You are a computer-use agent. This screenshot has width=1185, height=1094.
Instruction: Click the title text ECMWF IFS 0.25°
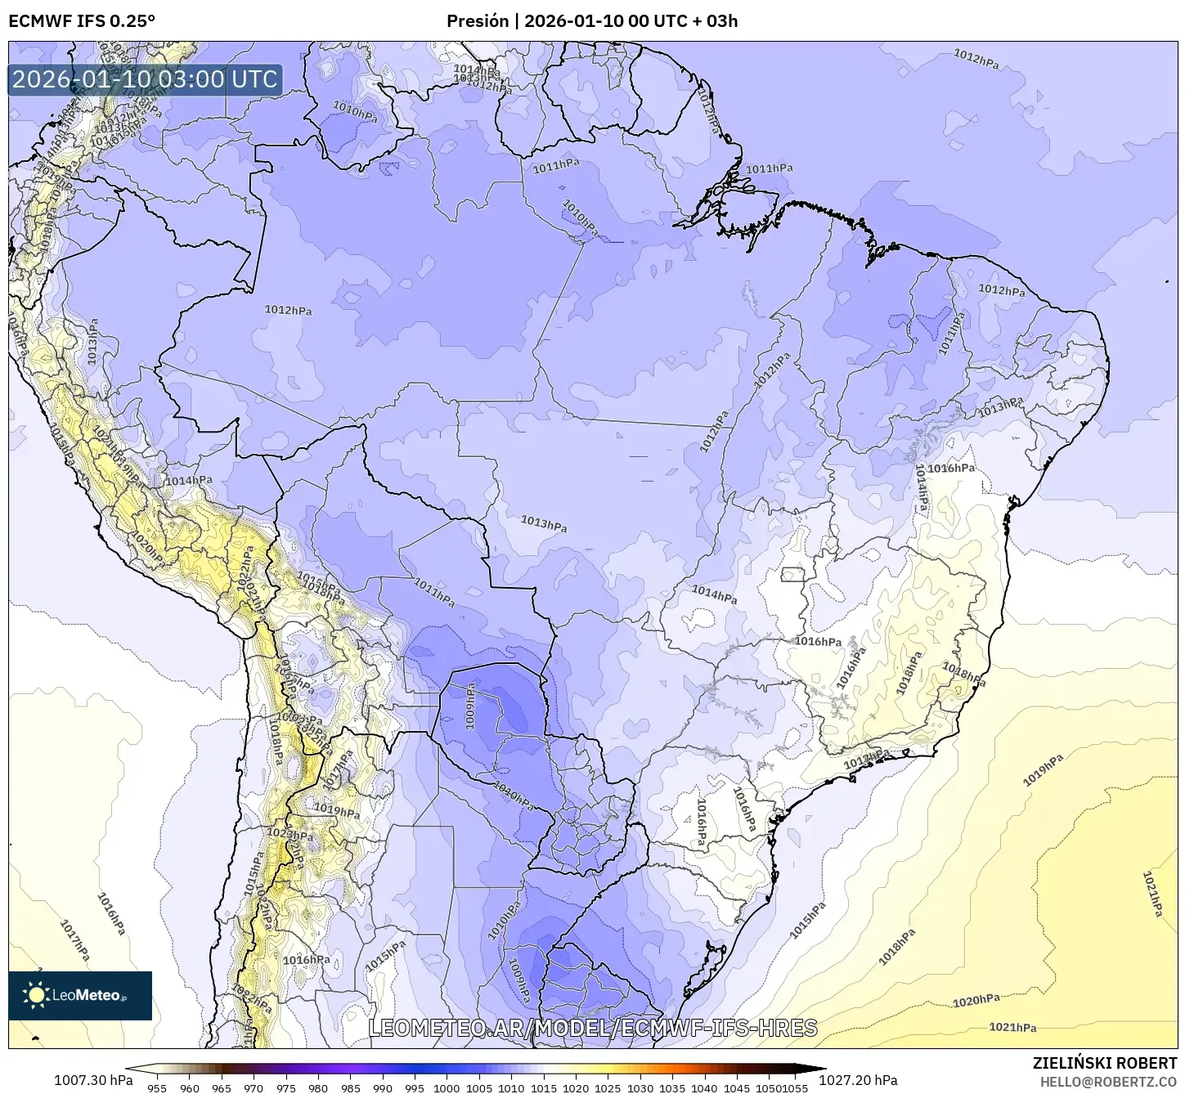pyautogui.click(x=82, y=21)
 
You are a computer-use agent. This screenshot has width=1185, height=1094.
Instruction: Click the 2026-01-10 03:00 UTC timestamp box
pyautogui.click(x=145, y=79)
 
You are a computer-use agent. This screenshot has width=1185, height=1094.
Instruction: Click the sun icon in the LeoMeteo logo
pyautogui.click(x=36, y=995)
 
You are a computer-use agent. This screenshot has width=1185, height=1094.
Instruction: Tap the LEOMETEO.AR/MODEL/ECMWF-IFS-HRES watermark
pyautogui.click(x=592, y=1028)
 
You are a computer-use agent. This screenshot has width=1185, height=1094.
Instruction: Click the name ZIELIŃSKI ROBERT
pyautogui.click(x=1104, y=1063)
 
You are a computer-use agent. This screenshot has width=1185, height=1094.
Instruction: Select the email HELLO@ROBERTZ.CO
pyautogui.click(x=1108, y=1081)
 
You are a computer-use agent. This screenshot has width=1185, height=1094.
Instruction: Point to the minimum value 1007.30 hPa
pyautogui.click(x=92, y=1080)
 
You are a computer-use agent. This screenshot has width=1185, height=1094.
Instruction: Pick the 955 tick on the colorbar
pyautogui.click(x=157, y=1087)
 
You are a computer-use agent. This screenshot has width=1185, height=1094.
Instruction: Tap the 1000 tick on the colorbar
pyautogui.click(x=447, y=1087)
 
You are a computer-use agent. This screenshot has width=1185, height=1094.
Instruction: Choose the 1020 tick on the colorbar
pyautogui.click(x=575, y=1087)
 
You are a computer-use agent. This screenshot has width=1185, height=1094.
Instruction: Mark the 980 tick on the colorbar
pyautogui.click(x=318, y=1087)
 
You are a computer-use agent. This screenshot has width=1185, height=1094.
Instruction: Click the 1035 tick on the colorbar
pyautogui.click(x=672, y=1087)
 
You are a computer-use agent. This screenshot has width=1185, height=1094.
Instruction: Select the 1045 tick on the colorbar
pyautogui.click(x=737, y=1087)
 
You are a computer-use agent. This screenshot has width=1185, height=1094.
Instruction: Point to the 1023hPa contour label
pyautogui.click(x=290, y=836)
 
